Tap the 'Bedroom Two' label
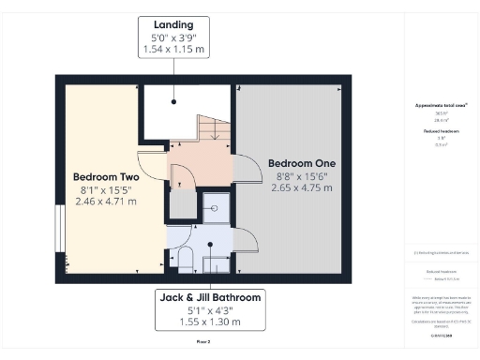click(x=105, y=176)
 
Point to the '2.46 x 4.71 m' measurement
click(x=105, y=202)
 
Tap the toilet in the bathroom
click(x=184, y=260)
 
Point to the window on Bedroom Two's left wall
click(x=59, y=228)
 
